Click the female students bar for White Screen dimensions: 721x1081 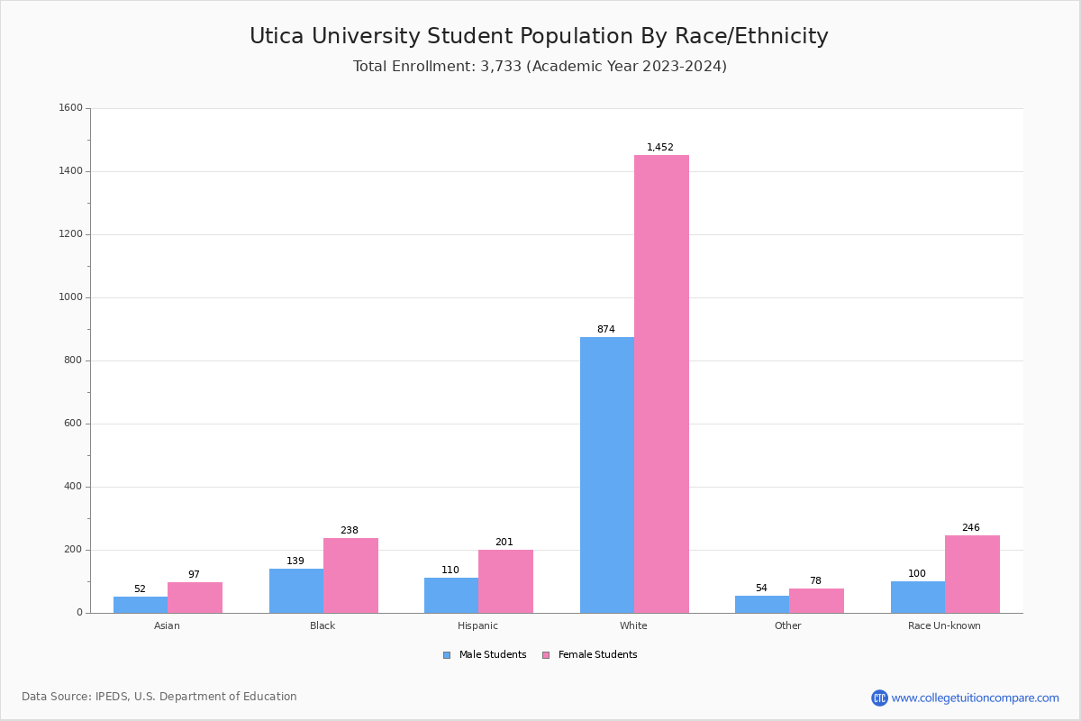(661, 384)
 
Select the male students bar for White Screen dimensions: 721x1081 (606, 475)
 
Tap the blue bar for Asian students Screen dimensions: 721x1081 (141, 605)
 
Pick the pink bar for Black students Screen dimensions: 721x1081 (350, 576)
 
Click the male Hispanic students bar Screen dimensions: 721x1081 (451, 596)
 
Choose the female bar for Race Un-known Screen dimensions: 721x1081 (972, 574)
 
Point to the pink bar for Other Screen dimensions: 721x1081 (816, 600)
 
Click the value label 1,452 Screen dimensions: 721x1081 (659, 147)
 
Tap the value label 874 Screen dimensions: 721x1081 (605, 329)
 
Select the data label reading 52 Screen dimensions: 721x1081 (140, 589)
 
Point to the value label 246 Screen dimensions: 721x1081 (970, 527)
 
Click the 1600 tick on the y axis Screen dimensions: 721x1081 (70, 108)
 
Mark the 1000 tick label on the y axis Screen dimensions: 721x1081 (70, 297)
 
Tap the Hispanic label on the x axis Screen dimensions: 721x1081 (477, 625)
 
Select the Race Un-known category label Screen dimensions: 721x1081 (944, 625)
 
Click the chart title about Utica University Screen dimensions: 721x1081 (539, 36)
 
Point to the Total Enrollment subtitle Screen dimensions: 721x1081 (540, 67)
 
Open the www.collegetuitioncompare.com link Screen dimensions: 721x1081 (975, 698)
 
